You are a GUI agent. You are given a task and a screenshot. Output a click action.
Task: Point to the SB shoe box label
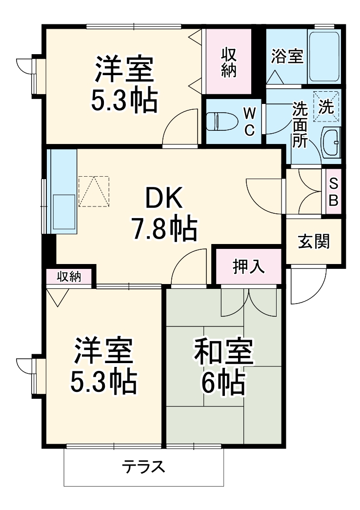tap(334, 192)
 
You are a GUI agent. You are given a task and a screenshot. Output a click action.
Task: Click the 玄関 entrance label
tap(313, 241)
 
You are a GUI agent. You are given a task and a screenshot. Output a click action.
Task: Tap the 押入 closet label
tap(248, 266)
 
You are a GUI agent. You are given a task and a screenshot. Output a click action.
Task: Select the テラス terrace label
tap(143, 467)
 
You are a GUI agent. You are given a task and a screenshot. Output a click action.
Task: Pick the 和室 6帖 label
tap(224, 366)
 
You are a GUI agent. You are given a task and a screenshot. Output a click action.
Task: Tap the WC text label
tap(249, 122)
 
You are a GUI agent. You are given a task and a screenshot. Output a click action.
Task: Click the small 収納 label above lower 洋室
tap(69, 276)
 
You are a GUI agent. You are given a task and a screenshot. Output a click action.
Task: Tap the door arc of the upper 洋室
tap(178, 128)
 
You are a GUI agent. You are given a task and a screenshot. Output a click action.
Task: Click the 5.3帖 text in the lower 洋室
tap(102, 382)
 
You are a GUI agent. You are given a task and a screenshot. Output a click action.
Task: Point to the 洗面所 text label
tap(299, 124)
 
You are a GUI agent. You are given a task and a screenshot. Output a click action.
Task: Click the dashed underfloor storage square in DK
tap(93, 191)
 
